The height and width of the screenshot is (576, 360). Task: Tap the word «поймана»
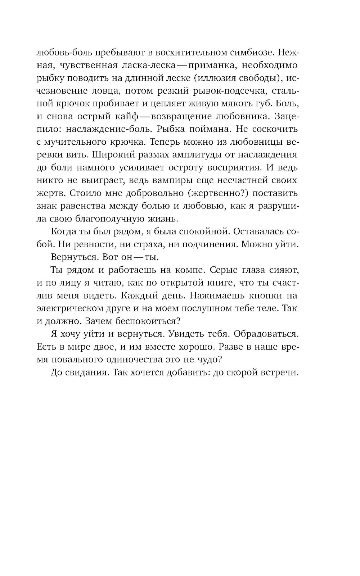point(215,129)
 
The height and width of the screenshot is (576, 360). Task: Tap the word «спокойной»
point(204,231)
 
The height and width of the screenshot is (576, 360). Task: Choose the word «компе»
point(187,270)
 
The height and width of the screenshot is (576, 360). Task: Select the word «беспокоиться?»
point(149,321)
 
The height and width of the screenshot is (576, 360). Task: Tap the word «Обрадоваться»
point(266,334)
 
